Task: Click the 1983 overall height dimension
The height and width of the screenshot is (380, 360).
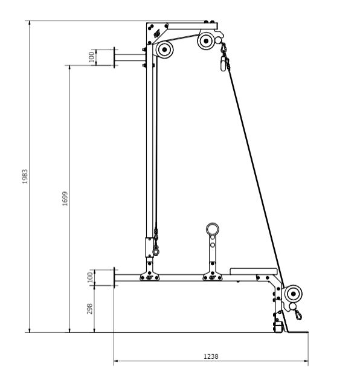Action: pyautogui.click(x=25, y=176)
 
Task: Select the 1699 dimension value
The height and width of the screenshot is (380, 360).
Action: pyautogui.click(x=65, y=199)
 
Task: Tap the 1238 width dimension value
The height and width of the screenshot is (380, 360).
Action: pyautogui.click(x=211, y=356)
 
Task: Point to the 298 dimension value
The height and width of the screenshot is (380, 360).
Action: pyautogui.click(x=89, y=309)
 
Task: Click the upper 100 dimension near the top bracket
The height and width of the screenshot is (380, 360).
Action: pyautogui.click(x=91, y=57)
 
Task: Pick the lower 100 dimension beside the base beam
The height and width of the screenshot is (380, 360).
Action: pyautogui.click(x=90, y=277)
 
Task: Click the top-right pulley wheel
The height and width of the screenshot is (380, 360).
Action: pyautogui.click(x=206, y=41)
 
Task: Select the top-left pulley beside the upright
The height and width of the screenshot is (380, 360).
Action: pyautogui.click(x=165, y=50)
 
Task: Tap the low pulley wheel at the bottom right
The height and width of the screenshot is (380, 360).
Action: pyautogui.click(x=294, y=294)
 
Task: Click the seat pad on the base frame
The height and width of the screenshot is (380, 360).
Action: pyautogui.click(x=253, y=271)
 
